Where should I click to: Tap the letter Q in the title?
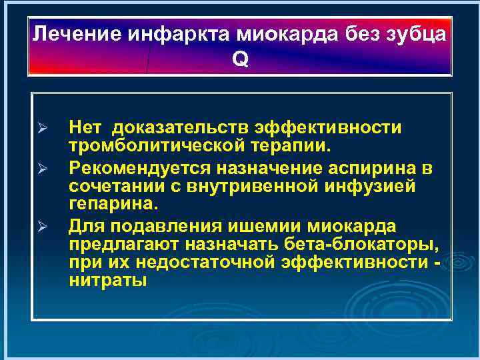(x=240, y=59)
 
